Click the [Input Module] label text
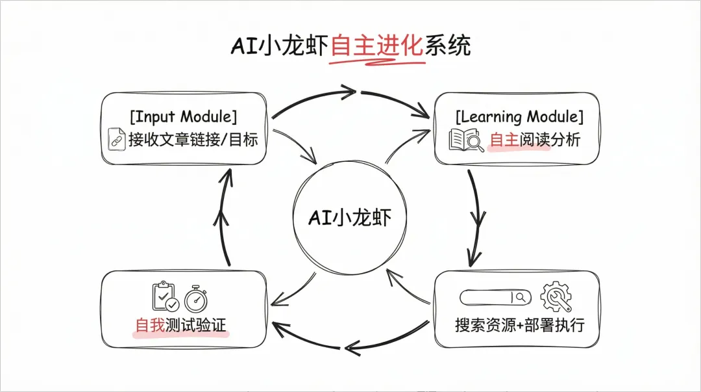(x=184, y=117)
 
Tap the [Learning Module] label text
(x=519, y=117)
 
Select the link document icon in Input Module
(x=117, y=140)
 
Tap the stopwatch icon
(x=196, y=298)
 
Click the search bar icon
(x=495, y=297)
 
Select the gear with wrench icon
(x=556, y=296)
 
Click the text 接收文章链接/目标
(x=193, y=139)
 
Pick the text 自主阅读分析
(x=535, y=139)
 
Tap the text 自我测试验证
(x=181, y=324)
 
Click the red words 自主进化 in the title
(x=376, y=46)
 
